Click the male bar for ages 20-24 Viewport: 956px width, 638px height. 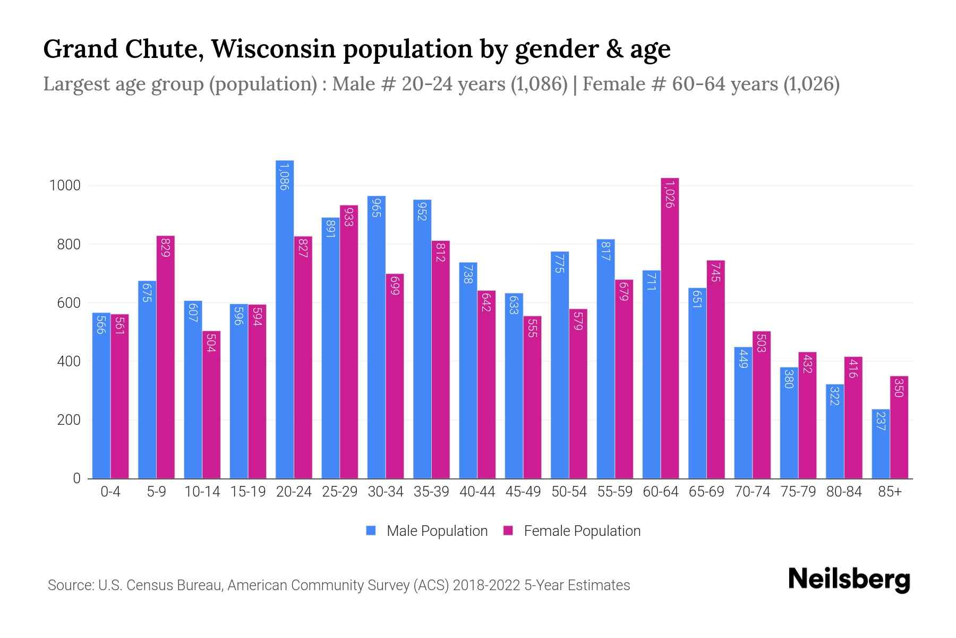(x=285, y=319)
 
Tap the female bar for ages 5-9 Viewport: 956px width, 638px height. (x=165, y=357)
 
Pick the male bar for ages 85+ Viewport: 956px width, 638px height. (x=881, y=444)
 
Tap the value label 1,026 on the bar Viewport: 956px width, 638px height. (x=670, y=194)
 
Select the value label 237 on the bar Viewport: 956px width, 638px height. (x=881, y=421)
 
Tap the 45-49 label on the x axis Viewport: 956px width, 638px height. (x=523, y=492)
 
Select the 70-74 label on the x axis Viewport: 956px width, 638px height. (x=752, y=492)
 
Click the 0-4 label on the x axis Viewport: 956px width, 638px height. (x=110, y=492)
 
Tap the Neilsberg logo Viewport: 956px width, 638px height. (x=849, y=580)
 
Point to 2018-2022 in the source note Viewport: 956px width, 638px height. (x=486, y=585)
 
